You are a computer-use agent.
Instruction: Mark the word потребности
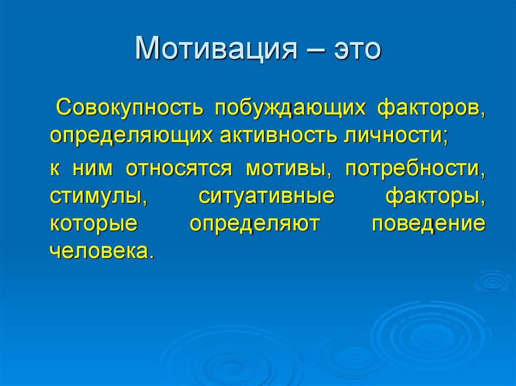414,169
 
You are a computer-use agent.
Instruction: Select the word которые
93,223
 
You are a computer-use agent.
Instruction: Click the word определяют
255,223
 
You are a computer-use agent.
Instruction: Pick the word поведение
429,223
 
